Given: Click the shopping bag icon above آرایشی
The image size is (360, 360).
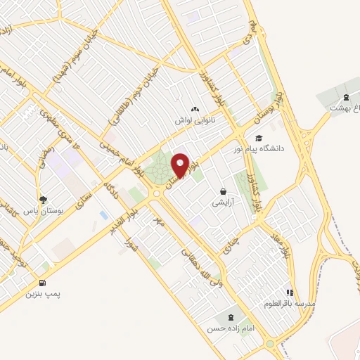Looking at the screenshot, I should point(223,191).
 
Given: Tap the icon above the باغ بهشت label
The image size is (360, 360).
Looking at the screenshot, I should point(345,98).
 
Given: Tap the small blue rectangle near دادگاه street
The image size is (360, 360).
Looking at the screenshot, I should point(104,214).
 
